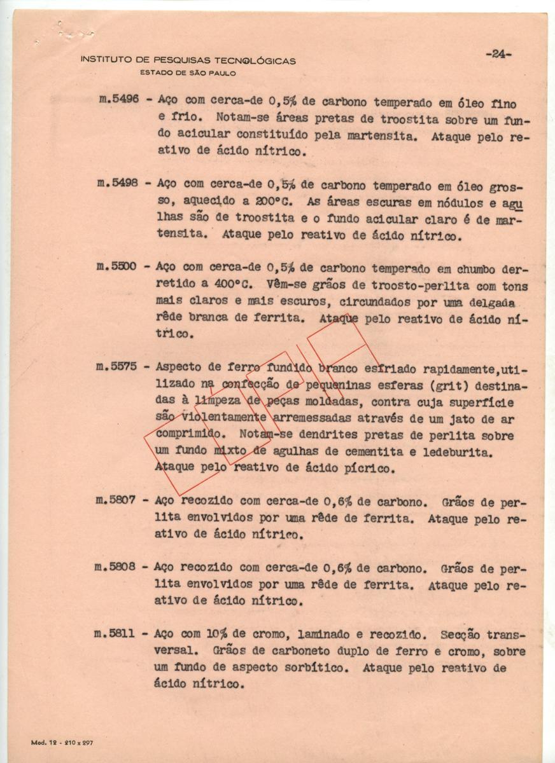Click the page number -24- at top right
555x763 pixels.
pyautogui.click(x=498, y=55)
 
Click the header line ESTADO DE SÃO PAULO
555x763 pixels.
pyautogui.click(x=188, y=73)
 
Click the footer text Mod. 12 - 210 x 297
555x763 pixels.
pyautogui.click(x=62, y=742)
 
